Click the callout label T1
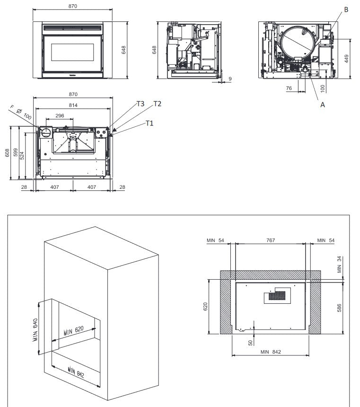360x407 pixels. tap(149, 123)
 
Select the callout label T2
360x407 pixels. tap(157, 104)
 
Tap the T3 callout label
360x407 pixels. tap(140, 104)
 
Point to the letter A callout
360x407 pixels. tap(323, 105)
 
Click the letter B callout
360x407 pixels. tap(346, 9)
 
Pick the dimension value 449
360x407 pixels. tap(346, 59)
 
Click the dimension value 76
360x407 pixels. tap(289, 88)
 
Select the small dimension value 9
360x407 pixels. tap(230, 79)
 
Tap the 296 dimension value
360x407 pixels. tap(60, 116)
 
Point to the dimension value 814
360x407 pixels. tap(73, 105)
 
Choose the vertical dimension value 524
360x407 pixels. tap(22, 156)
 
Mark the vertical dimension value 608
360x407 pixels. tap(7, 153)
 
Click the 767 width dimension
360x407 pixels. tap(271, 240)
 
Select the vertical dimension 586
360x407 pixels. tap(339, 308)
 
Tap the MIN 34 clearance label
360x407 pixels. tap(339, 265)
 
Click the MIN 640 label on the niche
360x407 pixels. tap(35, 330)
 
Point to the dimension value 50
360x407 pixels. tap(250, 343)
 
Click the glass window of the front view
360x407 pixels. tap(72, 52)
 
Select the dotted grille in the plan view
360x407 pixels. tap(277, 296)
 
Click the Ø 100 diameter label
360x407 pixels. tap(24, 114)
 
